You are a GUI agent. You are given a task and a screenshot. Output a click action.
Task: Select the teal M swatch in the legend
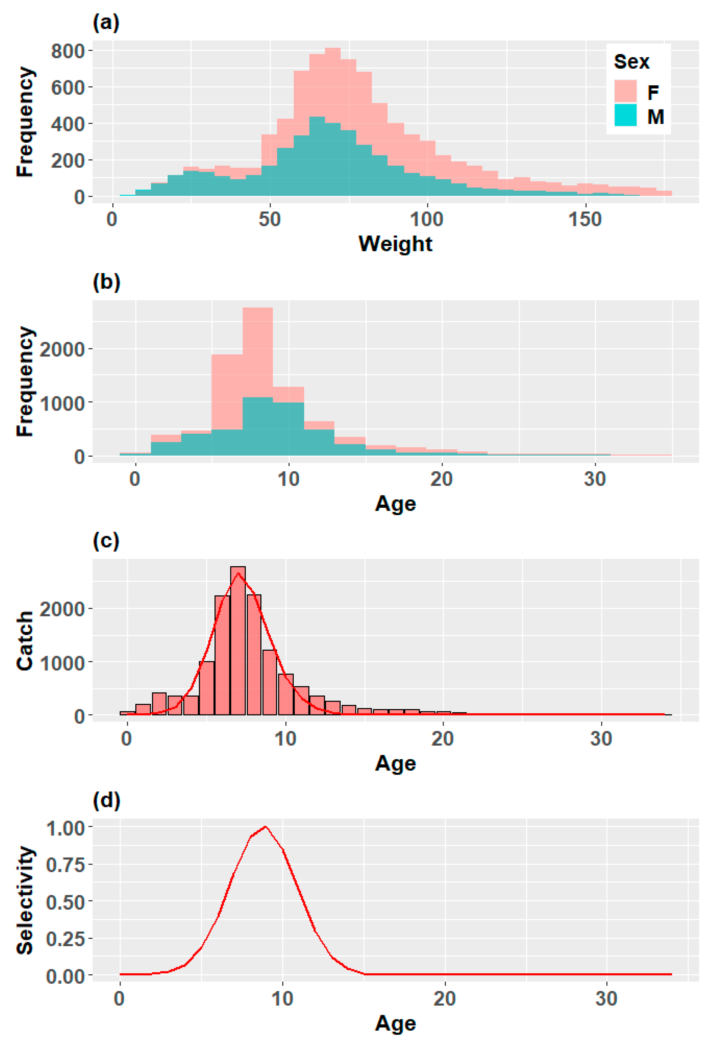[625, 115]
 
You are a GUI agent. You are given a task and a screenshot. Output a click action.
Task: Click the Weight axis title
[395, 244]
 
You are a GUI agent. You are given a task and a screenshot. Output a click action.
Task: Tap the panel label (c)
[106, 540]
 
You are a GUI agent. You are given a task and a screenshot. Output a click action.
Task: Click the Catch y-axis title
[25, 641]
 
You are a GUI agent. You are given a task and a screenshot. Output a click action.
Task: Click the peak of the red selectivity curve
[265, 826]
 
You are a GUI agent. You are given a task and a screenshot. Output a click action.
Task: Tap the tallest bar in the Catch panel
[238, 641]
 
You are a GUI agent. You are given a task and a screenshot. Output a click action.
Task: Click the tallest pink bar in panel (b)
[258, 381]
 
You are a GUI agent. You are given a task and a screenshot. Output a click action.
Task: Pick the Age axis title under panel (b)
[395, 503]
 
